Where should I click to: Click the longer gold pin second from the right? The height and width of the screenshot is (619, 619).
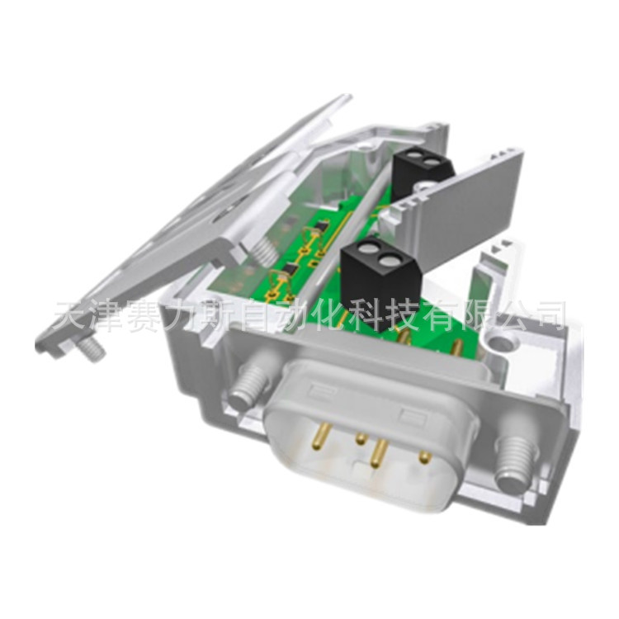pyautogui.click(x=379, y=451)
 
